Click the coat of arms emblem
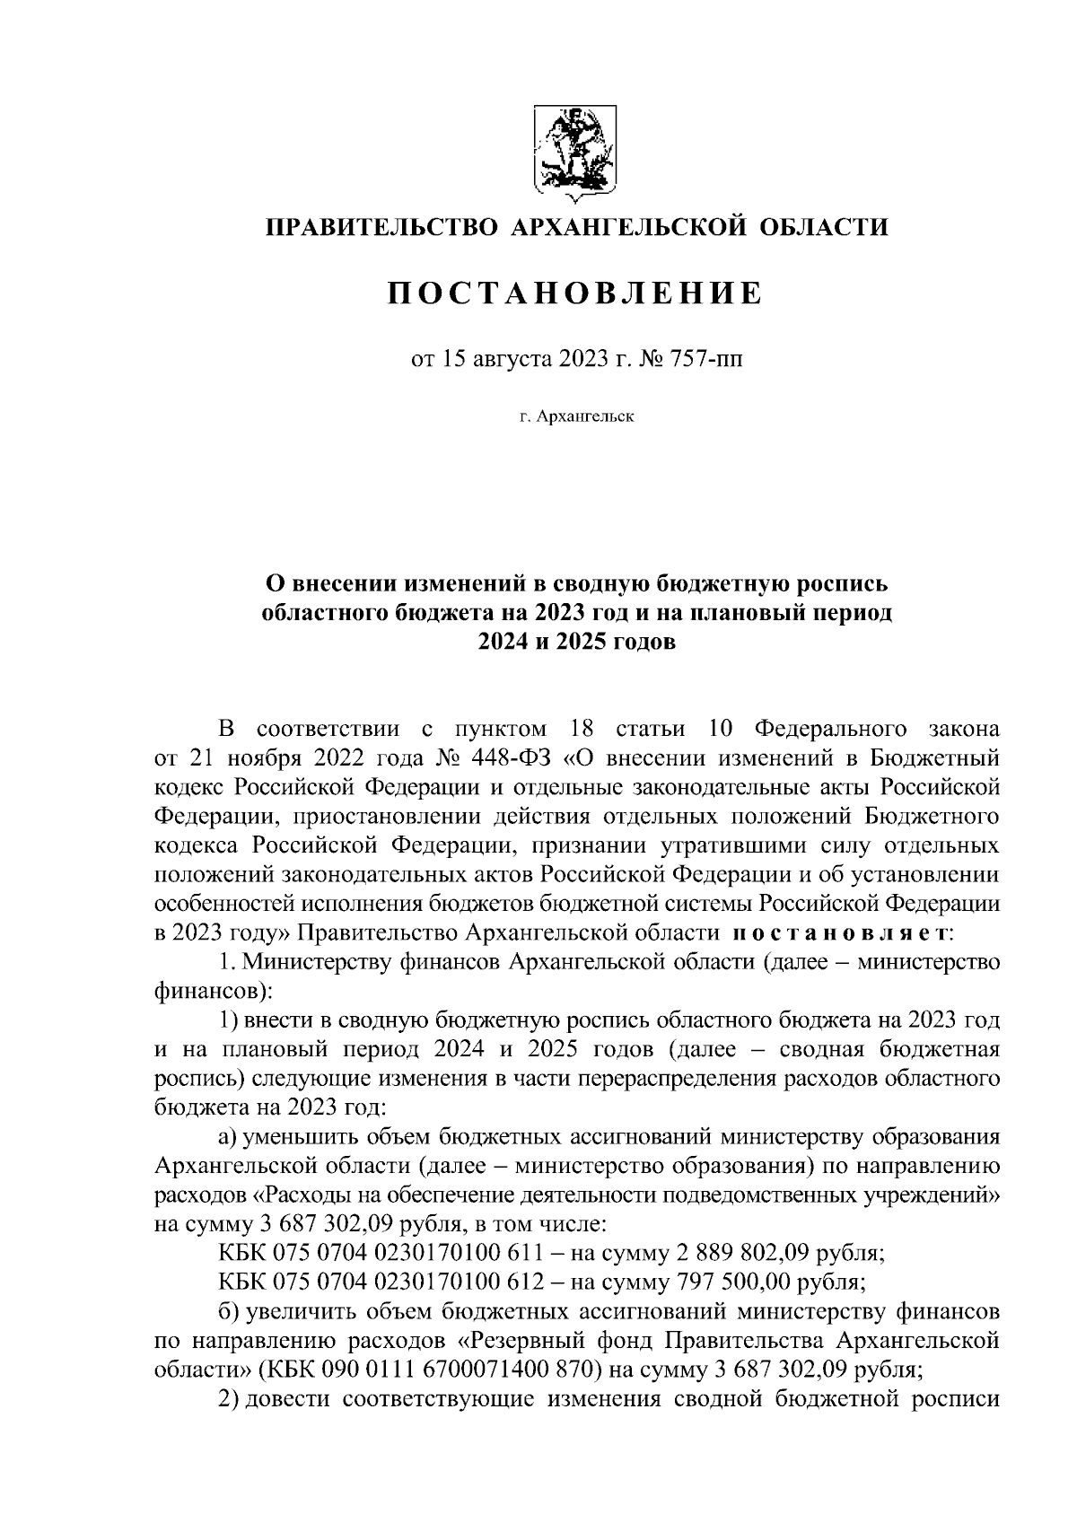[574, 150]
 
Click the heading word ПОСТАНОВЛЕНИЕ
[575, 293]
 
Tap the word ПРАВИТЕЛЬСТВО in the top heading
[380, 227]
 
